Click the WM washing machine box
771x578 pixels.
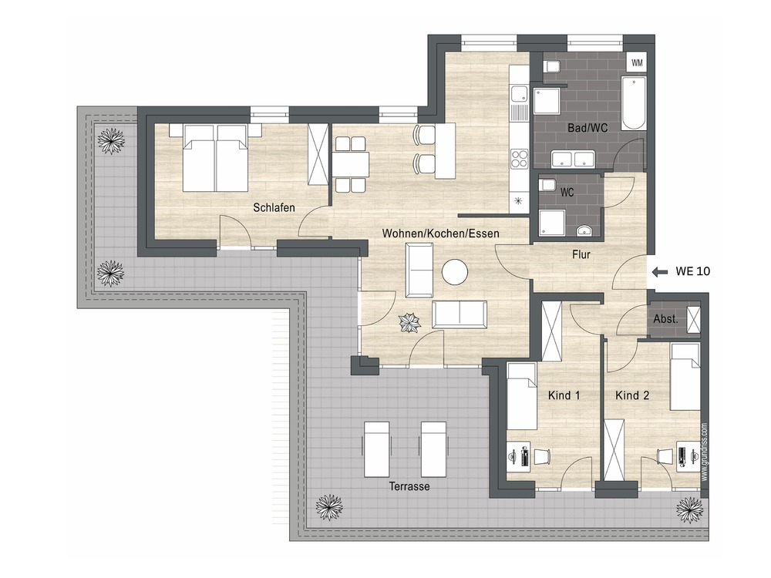point(637,62)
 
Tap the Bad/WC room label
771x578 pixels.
point(588,128)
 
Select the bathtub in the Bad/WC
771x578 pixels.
point(633,102)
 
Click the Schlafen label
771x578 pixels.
point(274,207)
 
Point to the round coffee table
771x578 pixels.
point(455,272)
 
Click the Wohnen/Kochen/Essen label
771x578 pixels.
point(440,234)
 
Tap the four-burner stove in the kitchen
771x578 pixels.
point(519,159)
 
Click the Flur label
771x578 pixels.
point(581,254)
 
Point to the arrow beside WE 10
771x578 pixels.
point(659,271)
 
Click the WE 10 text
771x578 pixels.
point(693,271)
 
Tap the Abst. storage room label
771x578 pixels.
point(665,319)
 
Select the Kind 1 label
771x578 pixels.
point(564,395)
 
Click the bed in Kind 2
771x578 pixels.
point(685,377)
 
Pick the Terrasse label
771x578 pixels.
point(409,486)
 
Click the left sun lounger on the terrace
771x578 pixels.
point(377,449)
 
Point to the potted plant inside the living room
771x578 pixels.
point(409,322)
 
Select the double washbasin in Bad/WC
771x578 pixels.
point(574,160)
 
